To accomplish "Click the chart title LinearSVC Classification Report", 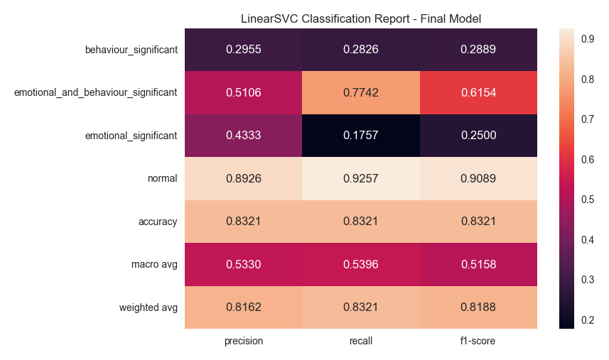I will point(360,18).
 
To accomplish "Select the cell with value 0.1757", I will point(361,136).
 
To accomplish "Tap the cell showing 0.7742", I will point(361,92).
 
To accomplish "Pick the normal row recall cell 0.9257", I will point(361,179).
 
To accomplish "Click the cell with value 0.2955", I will point(244,50).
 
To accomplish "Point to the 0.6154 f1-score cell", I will point(478,92).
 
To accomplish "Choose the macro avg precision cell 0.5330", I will point(244,265).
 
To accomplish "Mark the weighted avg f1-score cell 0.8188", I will point(478,307).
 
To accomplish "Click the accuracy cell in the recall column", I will point(361,222).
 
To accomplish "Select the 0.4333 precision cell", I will point(244,136).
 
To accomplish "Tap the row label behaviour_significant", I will point(131,50).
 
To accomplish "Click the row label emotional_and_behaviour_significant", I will point(95,92).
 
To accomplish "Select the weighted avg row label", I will point(149,307).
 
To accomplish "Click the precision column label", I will point(244,341).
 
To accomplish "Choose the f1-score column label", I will point(478,341).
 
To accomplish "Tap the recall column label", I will point(361,341).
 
